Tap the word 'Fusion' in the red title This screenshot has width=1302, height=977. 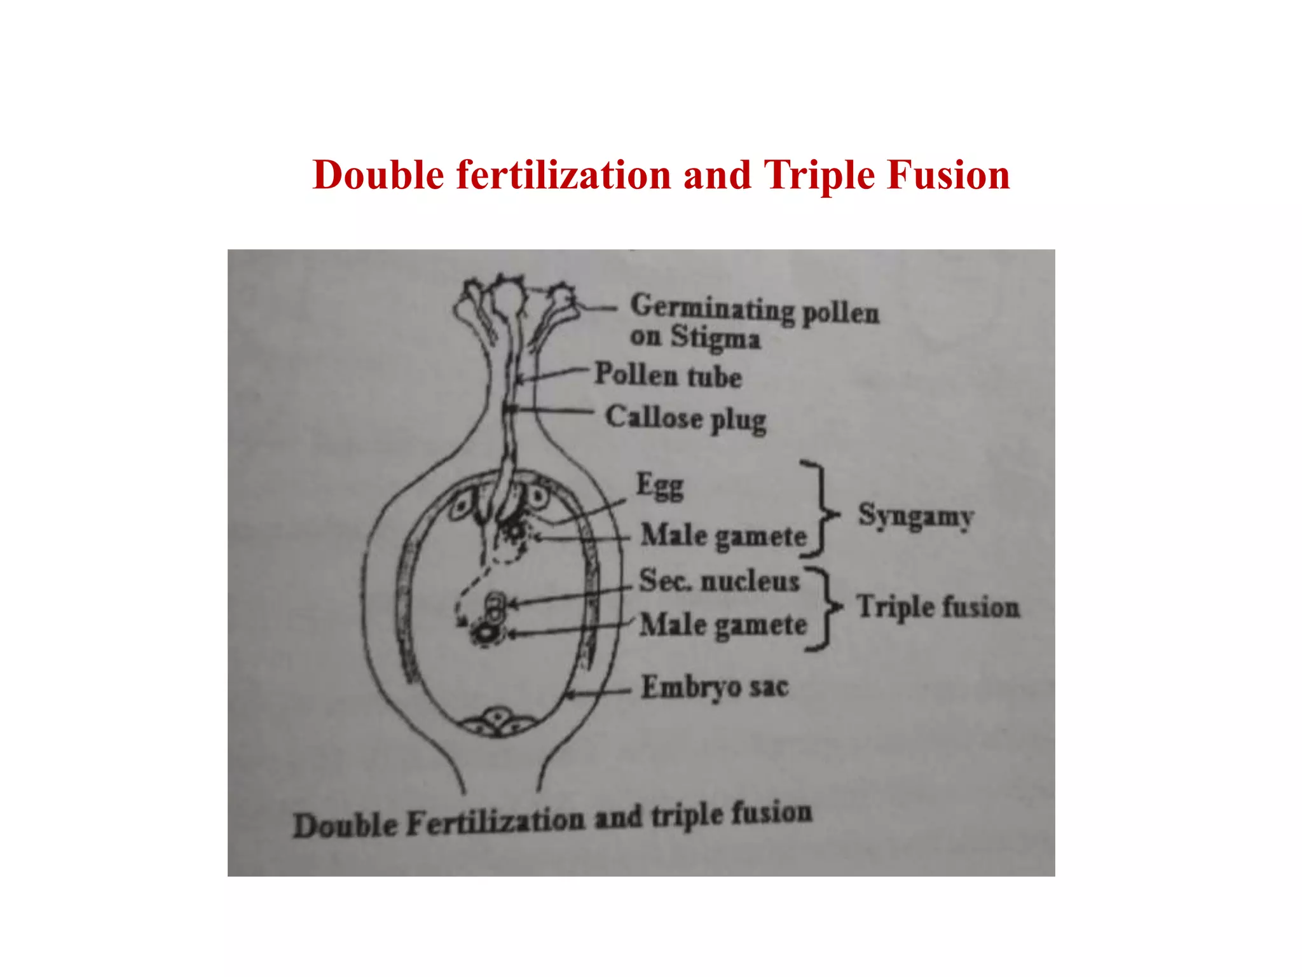coord(949,175)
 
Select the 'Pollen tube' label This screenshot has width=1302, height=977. coord(668,375)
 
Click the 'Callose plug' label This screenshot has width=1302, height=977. coord(685,419)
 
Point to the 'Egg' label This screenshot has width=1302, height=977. coord(660,486)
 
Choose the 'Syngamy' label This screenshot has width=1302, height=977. coord(915,516)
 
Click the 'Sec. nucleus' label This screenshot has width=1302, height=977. coord(718,581)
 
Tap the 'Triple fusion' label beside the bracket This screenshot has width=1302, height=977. coord(938,606)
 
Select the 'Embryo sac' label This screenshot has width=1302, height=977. coord(715,687)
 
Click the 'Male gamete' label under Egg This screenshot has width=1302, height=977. coord(723,536)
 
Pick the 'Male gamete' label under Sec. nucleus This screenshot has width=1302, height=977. coord(723,625)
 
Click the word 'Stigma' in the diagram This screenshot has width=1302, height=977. coord(715,337)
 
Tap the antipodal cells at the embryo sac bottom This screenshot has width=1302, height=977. coord(498,723)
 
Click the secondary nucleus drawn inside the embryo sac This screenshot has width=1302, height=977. coord(495,607)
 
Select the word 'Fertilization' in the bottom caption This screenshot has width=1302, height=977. coord(495,822)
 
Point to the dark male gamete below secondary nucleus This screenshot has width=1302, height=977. coord(486,633)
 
